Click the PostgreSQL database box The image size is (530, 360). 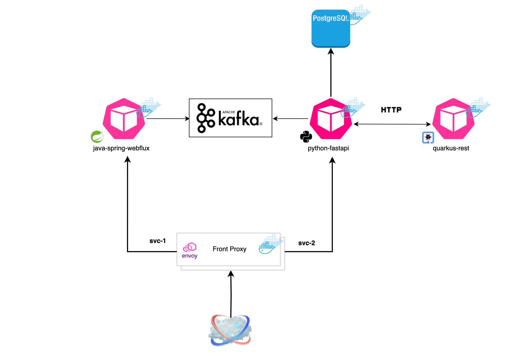[330, 30]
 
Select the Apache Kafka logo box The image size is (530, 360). [230, 118]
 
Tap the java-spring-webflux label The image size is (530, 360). [121, 148]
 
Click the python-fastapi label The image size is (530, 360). [328, 148]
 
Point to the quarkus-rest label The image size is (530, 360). [451, 148]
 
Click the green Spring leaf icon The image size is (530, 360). [97, 137]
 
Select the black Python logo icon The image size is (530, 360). [306, 137]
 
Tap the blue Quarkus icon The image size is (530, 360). [428, 137]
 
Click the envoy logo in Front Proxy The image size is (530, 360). [190, 250]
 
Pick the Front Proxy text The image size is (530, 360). [229, 249]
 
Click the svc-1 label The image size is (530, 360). [157, 241]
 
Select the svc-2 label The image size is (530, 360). [306, 243]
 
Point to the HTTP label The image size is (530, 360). [391, 110]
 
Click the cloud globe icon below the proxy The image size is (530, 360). [230, 331]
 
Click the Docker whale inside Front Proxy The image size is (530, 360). [269, 244]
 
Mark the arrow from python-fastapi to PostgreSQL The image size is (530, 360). [331, 73]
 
